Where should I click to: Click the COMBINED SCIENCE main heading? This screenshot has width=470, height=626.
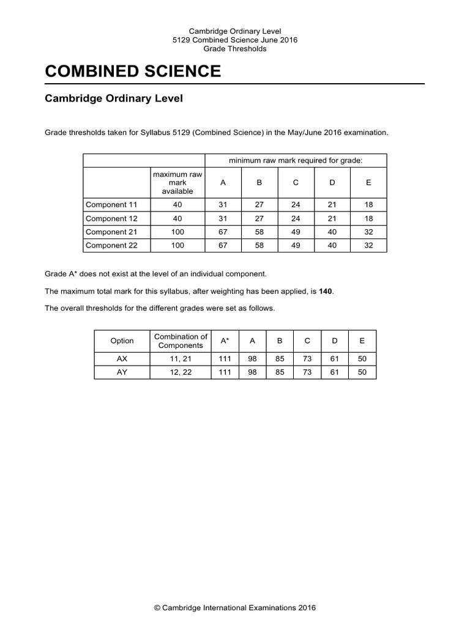pos(133,72)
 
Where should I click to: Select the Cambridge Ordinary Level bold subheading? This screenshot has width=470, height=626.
pos(114,98)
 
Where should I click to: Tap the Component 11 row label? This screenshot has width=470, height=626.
pos(111,205)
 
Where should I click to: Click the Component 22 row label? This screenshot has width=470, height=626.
pos(111,245)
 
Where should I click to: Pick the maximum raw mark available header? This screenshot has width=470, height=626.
pos(177,183)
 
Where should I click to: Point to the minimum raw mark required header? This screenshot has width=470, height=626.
pos(296,160)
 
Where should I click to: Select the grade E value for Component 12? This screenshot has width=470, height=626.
pos(368,218)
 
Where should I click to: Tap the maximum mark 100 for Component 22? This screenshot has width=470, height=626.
pos(177,245)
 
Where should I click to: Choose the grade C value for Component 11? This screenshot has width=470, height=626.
pos(296,205)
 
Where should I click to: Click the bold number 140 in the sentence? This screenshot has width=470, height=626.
pos(326,292)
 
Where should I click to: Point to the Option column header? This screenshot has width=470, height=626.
pos(122,341)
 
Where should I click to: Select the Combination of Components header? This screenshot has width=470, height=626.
pos(181,341)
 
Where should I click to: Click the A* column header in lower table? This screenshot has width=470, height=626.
pos(225,341)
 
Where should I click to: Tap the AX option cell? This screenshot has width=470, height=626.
pos(122,359)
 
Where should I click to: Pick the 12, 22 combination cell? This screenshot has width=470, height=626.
pos(181,372)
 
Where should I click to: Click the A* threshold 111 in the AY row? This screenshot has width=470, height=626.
pos(225,372)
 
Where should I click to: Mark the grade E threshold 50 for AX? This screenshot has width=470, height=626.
pos(362,359)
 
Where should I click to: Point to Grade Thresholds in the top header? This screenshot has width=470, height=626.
pos(235,49)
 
